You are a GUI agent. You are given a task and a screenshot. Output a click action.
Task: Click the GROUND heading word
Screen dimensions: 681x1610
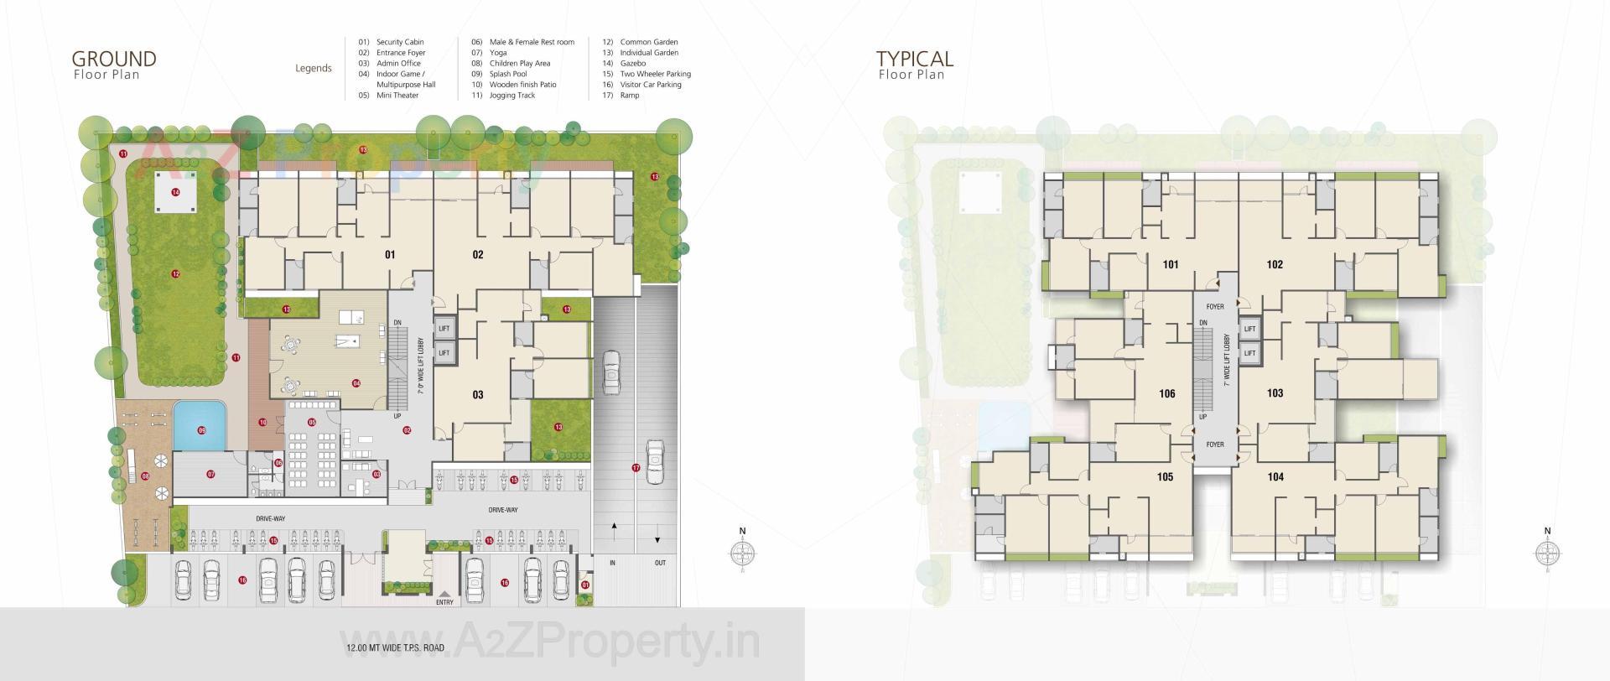point(114,59)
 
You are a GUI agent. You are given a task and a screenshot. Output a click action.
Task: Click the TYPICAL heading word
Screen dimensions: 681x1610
point(915,59)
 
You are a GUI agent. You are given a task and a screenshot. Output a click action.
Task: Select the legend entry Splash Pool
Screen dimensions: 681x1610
point(507,74)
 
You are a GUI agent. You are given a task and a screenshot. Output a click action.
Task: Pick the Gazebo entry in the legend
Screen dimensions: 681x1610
point(632,63)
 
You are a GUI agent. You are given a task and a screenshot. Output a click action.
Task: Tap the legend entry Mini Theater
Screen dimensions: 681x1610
point(397,96)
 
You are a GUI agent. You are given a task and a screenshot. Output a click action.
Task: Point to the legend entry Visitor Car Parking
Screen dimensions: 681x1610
point(650,85)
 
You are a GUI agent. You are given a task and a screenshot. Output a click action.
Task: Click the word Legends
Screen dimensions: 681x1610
point(314,69)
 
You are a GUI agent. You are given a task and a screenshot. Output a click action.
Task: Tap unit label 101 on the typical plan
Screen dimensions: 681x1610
point(1171,265)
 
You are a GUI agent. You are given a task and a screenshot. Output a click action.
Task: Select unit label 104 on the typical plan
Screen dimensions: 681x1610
point(1275,477)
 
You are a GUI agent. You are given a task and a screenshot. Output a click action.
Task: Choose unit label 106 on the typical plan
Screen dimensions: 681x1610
point(1167,394)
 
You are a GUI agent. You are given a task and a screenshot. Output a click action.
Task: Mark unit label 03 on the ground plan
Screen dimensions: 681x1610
point(478,395)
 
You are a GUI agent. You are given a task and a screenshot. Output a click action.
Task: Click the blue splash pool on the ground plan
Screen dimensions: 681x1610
point(201,426)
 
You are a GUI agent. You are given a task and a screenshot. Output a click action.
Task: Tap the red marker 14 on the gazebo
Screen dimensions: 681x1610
point(175,192)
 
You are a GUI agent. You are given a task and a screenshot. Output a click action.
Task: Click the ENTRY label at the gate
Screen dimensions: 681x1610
point(444,602)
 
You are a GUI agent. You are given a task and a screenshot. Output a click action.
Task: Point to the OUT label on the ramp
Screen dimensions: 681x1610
point(660,563)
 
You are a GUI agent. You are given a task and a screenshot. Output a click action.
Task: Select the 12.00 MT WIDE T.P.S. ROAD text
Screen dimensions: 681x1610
point(395,647)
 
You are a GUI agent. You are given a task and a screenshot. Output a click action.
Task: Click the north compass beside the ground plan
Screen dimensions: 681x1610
point(742,552)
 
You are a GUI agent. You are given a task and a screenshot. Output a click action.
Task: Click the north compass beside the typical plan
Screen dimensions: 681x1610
point(1547,553)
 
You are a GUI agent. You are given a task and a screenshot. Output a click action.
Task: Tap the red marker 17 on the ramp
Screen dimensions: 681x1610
point(636,467)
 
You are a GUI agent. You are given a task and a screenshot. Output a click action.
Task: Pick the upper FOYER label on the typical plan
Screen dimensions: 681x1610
point(1215,307)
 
